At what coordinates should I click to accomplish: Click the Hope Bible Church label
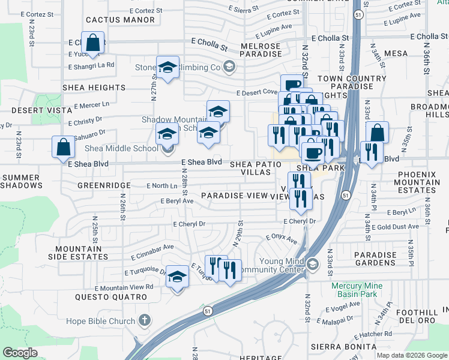pos(105,321)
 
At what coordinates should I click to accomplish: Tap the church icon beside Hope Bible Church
pos(145,320)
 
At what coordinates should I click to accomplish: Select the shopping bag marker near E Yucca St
pos(93,44)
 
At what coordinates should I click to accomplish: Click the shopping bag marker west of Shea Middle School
pos(63,148)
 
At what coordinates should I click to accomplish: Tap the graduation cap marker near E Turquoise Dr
pos(177,277)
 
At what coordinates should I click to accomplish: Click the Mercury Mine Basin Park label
pos(364,290)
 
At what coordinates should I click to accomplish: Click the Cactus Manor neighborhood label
pos(120,20)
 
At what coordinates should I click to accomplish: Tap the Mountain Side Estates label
pos(82,253)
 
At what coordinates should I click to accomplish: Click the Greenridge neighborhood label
pos(104,186)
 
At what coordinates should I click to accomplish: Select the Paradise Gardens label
pos(375,259)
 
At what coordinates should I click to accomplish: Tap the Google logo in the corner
pos(20,353)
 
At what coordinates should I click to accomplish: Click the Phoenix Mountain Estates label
pos(415,182)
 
